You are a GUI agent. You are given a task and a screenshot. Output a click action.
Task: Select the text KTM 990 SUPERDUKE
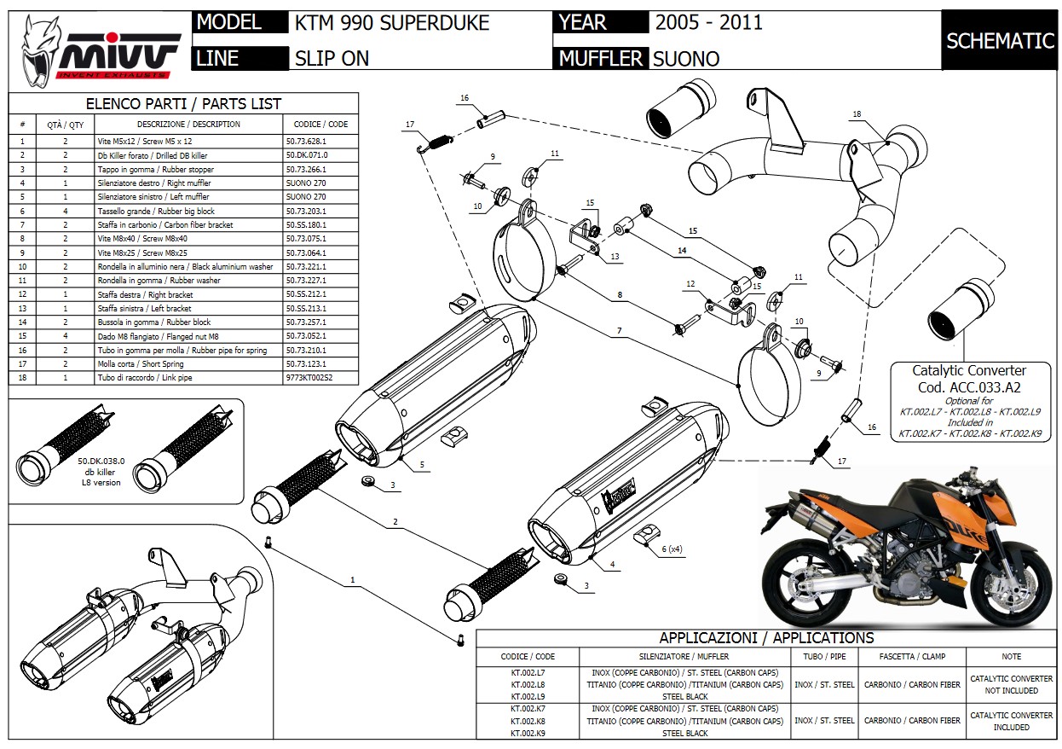[x=391, y=22]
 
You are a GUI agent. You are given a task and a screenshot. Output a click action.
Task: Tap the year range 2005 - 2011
[x=708, y=22]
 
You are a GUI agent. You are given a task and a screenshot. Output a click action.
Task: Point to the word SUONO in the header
[x=685, y=59]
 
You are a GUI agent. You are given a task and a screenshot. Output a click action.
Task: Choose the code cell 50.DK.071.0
[x=307, y=155]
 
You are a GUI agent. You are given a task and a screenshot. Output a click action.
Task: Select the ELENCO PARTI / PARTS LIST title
[x=184, y=104]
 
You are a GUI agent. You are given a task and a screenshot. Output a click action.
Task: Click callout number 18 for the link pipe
[x=857, y=113]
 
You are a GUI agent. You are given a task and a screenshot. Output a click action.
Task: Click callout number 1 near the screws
[x=352, y=580]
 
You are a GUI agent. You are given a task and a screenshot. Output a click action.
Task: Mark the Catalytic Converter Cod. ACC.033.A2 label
[x=969, y=378]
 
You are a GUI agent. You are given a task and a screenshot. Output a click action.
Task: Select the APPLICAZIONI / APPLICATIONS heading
[x=766, y=638]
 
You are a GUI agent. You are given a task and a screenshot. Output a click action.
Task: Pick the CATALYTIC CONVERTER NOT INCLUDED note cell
[x=1011, y=685]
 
